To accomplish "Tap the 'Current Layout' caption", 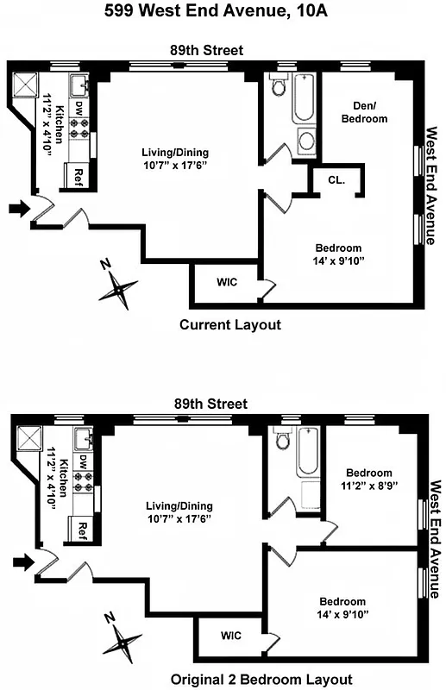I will click(x=229, y=325).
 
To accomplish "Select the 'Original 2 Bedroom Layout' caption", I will click(x=248, y=679).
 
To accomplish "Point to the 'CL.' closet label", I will click(x=336, y=181).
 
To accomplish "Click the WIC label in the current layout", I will click(x=227, y=282).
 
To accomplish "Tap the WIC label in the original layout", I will click(x=231, y=636).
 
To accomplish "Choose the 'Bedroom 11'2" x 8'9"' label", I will click(x=368, y=479).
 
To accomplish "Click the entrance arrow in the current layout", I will click(x=17, y=208).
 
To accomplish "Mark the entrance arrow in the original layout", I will click(x=23, y=562).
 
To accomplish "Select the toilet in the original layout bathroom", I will click(x=283, y=441).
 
